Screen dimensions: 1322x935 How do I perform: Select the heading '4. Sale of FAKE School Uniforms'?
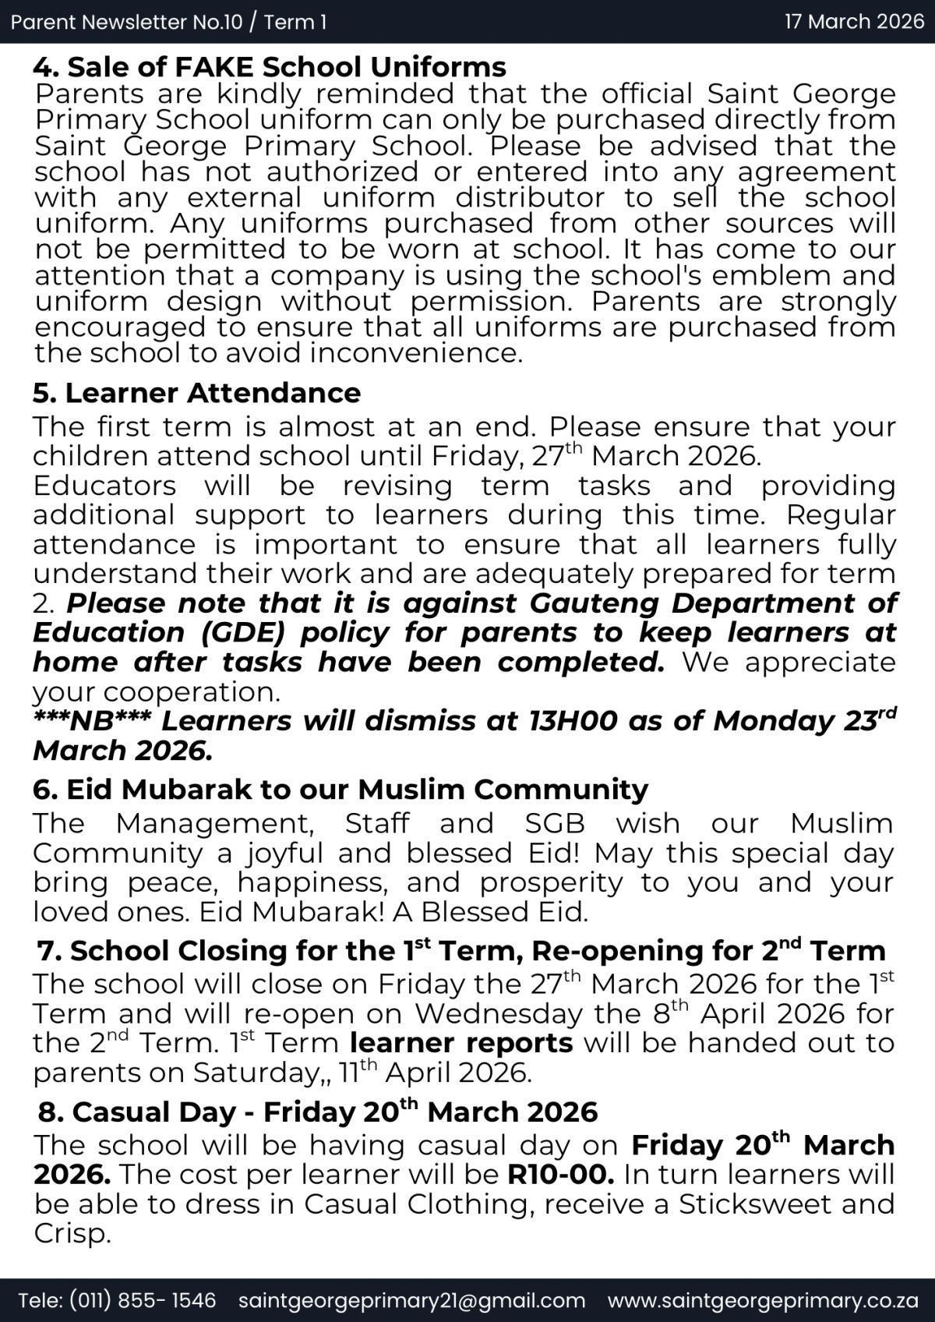pyautogui.click(x=270, y=67)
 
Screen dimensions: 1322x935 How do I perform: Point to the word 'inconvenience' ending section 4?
pyautogui.click(x=415, y=354)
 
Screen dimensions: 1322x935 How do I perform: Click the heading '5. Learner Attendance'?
pyautogui.click(x=196, y=393)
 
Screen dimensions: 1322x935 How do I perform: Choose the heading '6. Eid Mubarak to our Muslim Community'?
pyautogui.click(x=340, y=790)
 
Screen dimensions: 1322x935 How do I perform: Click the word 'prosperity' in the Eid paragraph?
pyautogui.click(x=551, y=883)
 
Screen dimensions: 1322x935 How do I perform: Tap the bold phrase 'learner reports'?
pyautogui.click(x=461, y=1043)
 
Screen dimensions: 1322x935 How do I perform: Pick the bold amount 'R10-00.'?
pyautogui.click(x=560, y=1175)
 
